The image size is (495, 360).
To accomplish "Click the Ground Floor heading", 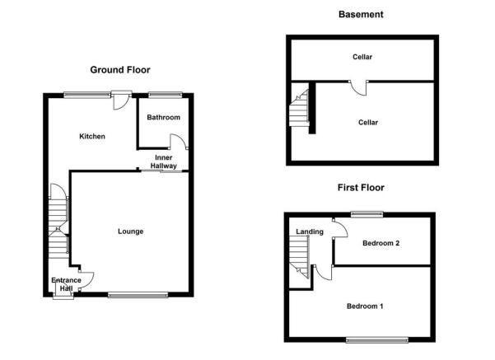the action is coord(120,70).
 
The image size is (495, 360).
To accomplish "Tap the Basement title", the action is coord(361,14).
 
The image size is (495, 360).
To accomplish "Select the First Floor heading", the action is coord(361,188).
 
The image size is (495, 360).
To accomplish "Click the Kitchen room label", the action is coord(92,137).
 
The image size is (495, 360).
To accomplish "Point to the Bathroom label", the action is coord(164,118).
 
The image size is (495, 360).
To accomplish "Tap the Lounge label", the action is coord(130,231).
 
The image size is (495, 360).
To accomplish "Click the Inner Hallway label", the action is coord(164,161).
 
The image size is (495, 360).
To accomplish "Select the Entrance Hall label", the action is coord(66,284).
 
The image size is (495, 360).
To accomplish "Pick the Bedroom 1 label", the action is coord(365,306).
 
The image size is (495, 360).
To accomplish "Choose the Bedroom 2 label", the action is coord(381,243).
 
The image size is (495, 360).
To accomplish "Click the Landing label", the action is coord(310,231).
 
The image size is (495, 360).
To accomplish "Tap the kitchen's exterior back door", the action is coord(121,101).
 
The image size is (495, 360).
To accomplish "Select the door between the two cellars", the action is coord(358,88).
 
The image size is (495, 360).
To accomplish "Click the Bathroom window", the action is coord(166,94).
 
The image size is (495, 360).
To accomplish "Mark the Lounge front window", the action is coord(138,295).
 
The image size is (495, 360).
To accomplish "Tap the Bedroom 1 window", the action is coord(377,340).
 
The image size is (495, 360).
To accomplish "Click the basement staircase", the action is coord(299,108).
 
